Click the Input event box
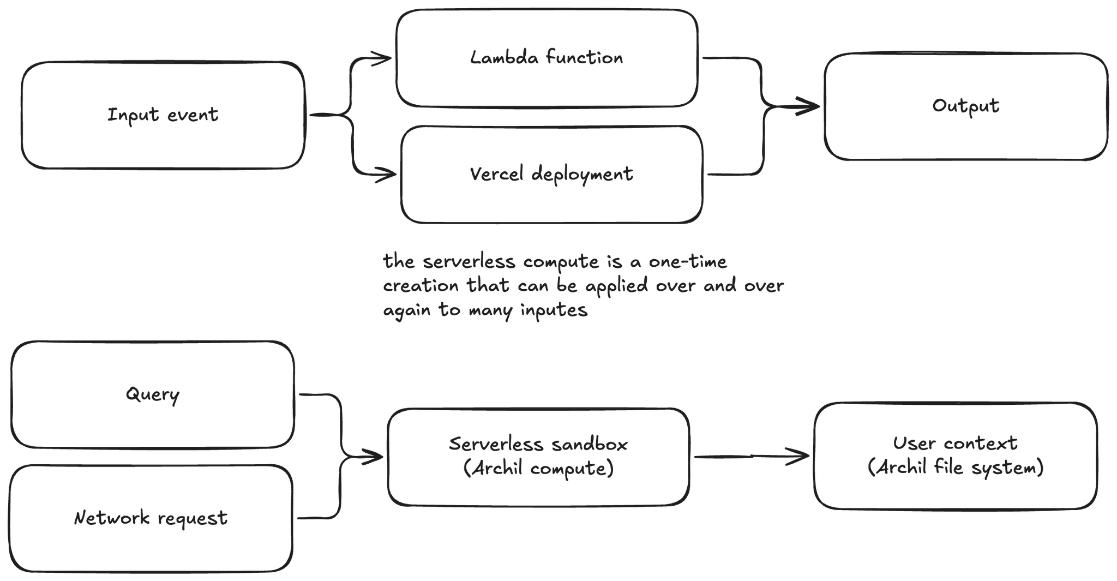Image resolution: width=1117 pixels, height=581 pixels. tap(163, 115)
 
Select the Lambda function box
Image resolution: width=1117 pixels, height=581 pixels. tap(547, 58)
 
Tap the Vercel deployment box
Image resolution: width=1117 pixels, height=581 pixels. tap(551, 175)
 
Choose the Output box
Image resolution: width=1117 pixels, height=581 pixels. tap(966, 106)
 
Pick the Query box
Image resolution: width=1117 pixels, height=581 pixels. tap(153, 394)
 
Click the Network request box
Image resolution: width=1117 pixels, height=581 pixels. tap(151, 518)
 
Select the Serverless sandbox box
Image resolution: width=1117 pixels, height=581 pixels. tap(538, 457)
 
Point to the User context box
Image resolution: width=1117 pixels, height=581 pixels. tap(956, 456)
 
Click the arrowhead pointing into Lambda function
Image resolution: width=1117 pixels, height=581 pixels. tap(382, 58)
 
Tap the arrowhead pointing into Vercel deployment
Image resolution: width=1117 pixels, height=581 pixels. tap(386, 175)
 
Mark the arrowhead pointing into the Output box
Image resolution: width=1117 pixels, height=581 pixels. tap(808, 106)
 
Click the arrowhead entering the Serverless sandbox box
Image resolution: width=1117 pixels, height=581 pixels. tap(373, 457)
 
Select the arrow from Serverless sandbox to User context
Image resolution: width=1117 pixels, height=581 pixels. tap(752, 456)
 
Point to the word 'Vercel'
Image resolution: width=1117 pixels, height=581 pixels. tap(496, 173)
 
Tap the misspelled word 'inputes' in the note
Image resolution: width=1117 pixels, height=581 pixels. tap(554, 311)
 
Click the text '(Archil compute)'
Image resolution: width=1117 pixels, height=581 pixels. tap(538, 469)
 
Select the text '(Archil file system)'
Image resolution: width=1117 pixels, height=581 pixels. tap(956, 468)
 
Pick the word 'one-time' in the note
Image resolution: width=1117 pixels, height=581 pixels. tap(688, 261)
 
